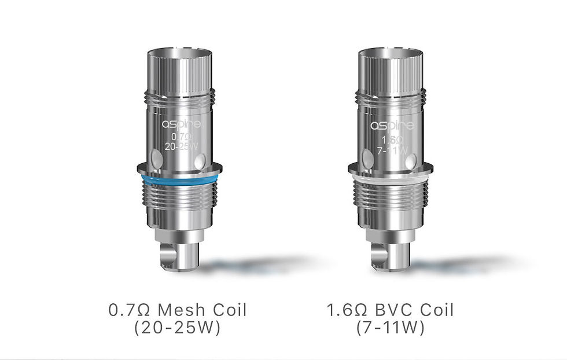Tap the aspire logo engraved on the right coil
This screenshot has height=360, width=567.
(392, 124)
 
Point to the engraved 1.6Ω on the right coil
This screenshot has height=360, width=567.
(392, 139)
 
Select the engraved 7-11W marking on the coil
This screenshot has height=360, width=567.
(393, 150)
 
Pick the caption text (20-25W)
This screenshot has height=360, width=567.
(178, 328)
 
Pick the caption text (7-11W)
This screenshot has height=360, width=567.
(390, 328)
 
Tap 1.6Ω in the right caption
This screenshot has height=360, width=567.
(345, 310)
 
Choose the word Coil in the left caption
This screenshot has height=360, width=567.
(228, 310)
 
